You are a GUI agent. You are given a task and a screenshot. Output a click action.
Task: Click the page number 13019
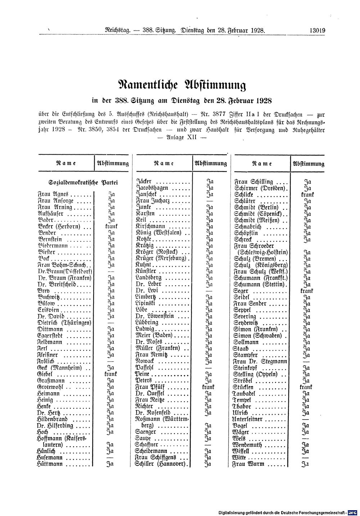317,31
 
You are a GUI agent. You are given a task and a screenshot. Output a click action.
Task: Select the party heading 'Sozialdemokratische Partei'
84,182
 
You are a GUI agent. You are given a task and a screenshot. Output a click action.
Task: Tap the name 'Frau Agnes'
50,194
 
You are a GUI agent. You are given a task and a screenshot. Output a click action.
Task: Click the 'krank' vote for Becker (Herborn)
111,227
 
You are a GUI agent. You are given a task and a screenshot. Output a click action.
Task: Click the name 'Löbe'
142,310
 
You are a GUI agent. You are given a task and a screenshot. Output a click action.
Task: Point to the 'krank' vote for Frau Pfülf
208,387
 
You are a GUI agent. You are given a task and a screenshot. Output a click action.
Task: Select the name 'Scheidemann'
151,451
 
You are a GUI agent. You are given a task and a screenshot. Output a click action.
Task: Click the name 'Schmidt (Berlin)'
256,207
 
